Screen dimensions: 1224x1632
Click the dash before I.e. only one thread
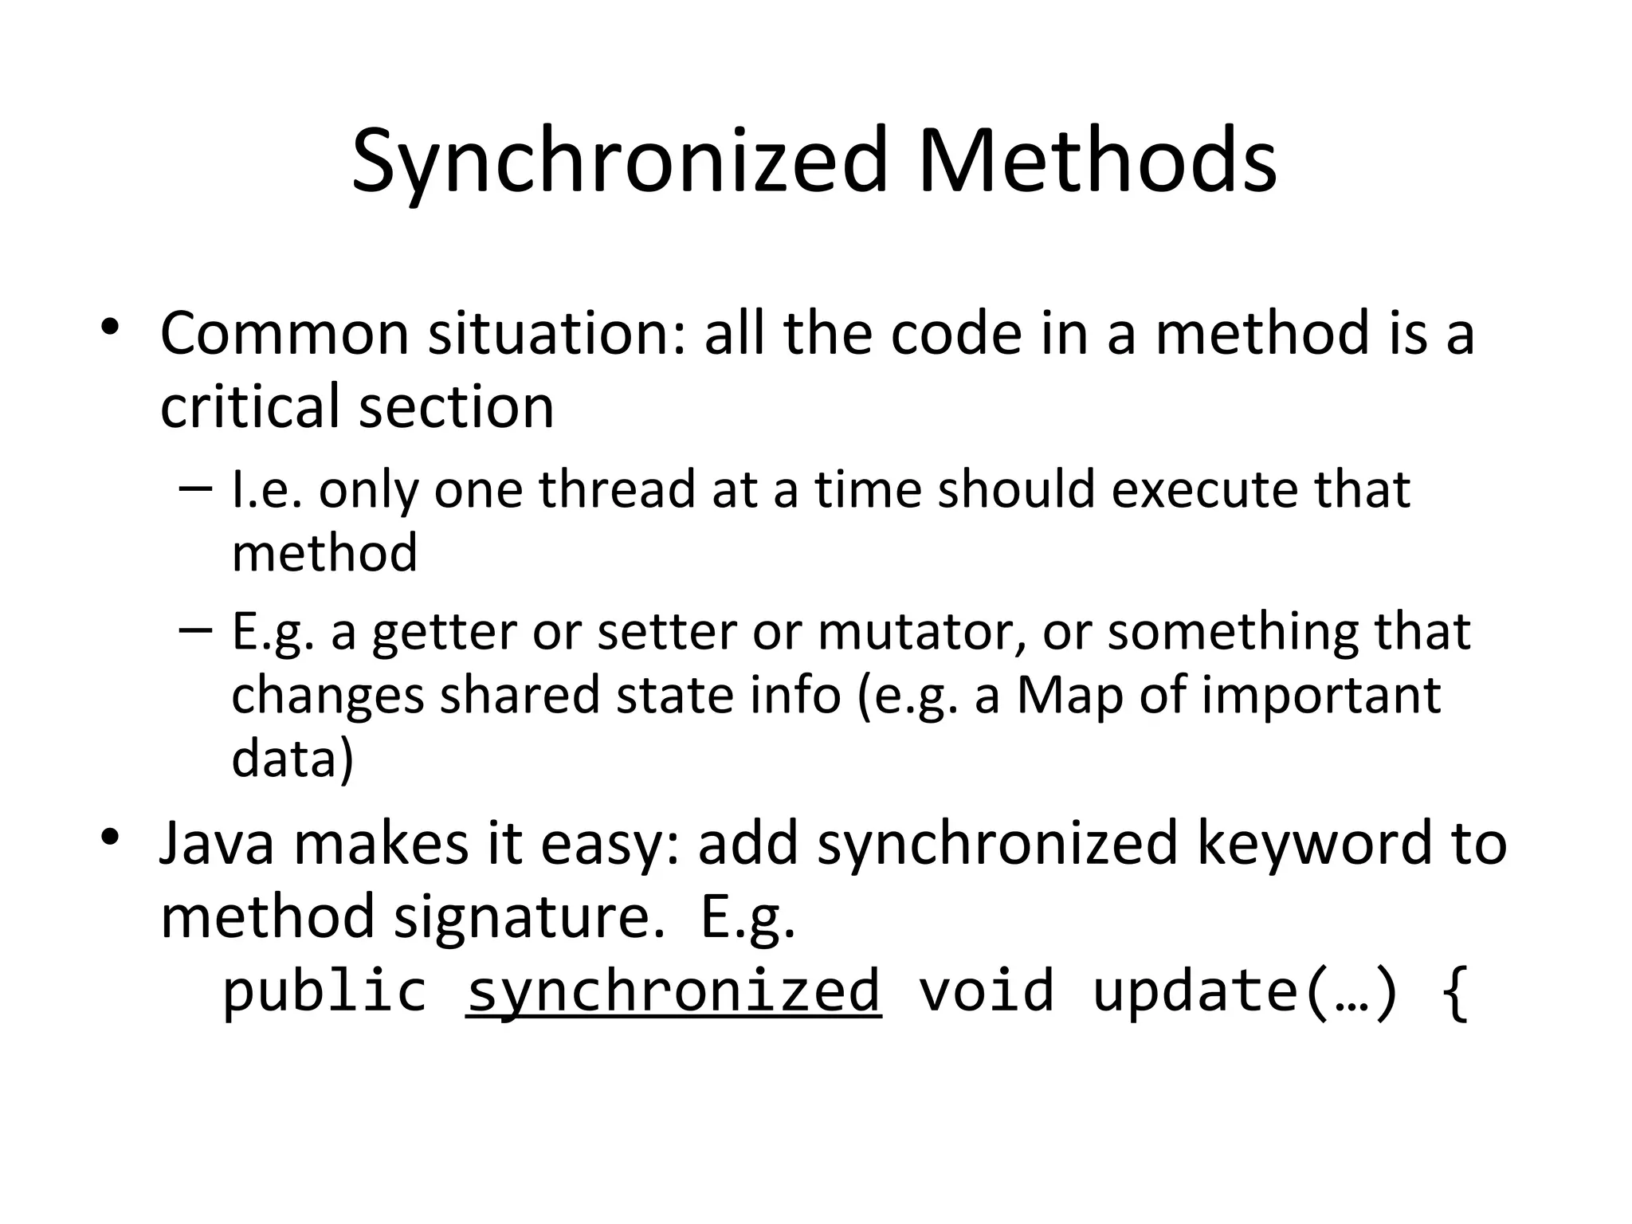pos(196,487)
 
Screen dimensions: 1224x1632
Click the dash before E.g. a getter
pos(196,630)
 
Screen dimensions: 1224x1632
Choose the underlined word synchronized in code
pos(673,991)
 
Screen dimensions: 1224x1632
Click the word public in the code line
pos(324,991)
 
